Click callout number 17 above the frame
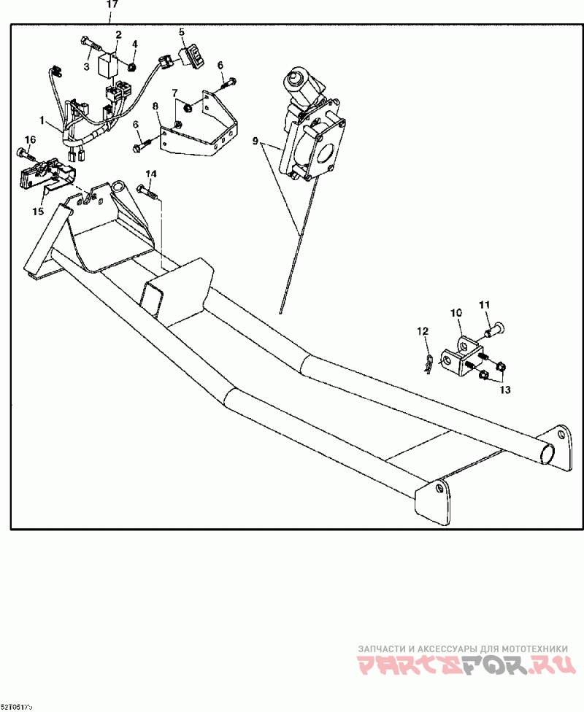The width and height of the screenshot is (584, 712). [x=112, y=4]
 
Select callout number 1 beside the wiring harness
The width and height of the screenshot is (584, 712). [x=42, y=120]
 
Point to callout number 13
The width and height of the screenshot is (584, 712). [x=504, y=390]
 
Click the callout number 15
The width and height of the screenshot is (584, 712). [x=38, y=211]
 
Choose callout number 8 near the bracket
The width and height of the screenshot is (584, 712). [x=155, y=107]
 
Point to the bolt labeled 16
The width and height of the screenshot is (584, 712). [x=26, y=154]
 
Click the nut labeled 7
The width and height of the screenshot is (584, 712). [x=186, y=108]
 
